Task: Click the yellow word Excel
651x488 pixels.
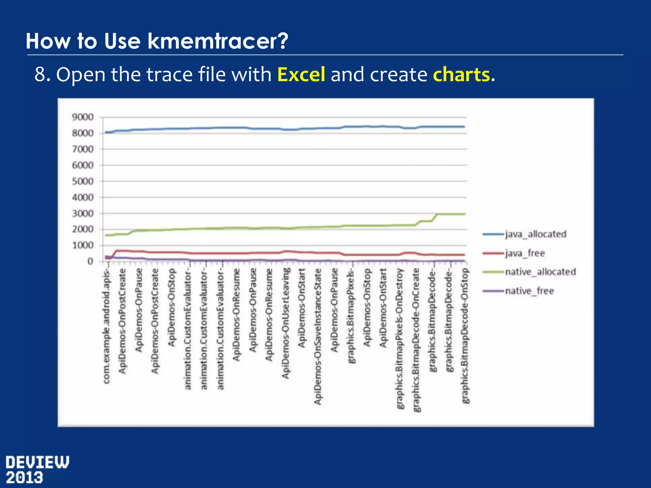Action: (301, 75)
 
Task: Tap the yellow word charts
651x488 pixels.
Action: (461, 75)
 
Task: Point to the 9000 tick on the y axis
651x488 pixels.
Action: (83, 117)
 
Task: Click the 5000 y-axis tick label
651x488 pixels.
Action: (83, 181)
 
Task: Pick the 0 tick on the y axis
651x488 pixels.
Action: (90, 261)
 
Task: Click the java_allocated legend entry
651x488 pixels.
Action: (535, 234)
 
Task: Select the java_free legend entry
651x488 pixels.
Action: (524, 253)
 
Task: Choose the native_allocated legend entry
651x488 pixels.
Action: (540, 272)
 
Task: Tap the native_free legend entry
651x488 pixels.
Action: (529, 291)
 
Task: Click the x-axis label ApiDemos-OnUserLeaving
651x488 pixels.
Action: (286, 323)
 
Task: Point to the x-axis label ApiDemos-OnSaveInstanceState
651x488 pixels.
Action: (318, 336)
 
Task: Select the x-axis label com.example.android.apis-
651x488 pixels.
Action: (107, 326)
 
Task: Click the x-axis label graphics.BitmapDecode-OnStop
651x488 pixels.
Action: (465, 336)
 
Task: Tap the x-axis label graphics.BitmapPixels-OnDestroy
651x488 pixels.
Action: (400, 339)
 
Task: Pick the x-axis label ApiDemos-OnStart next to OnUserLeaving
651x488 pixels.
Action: (302, 308)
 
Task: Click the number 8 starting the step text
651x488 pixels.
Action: (40, 75)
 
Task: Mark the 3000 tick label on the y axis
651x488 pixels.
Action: (83, 213)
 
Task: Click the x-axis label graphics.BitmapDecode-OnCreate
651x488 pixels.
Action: (416, 340)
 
